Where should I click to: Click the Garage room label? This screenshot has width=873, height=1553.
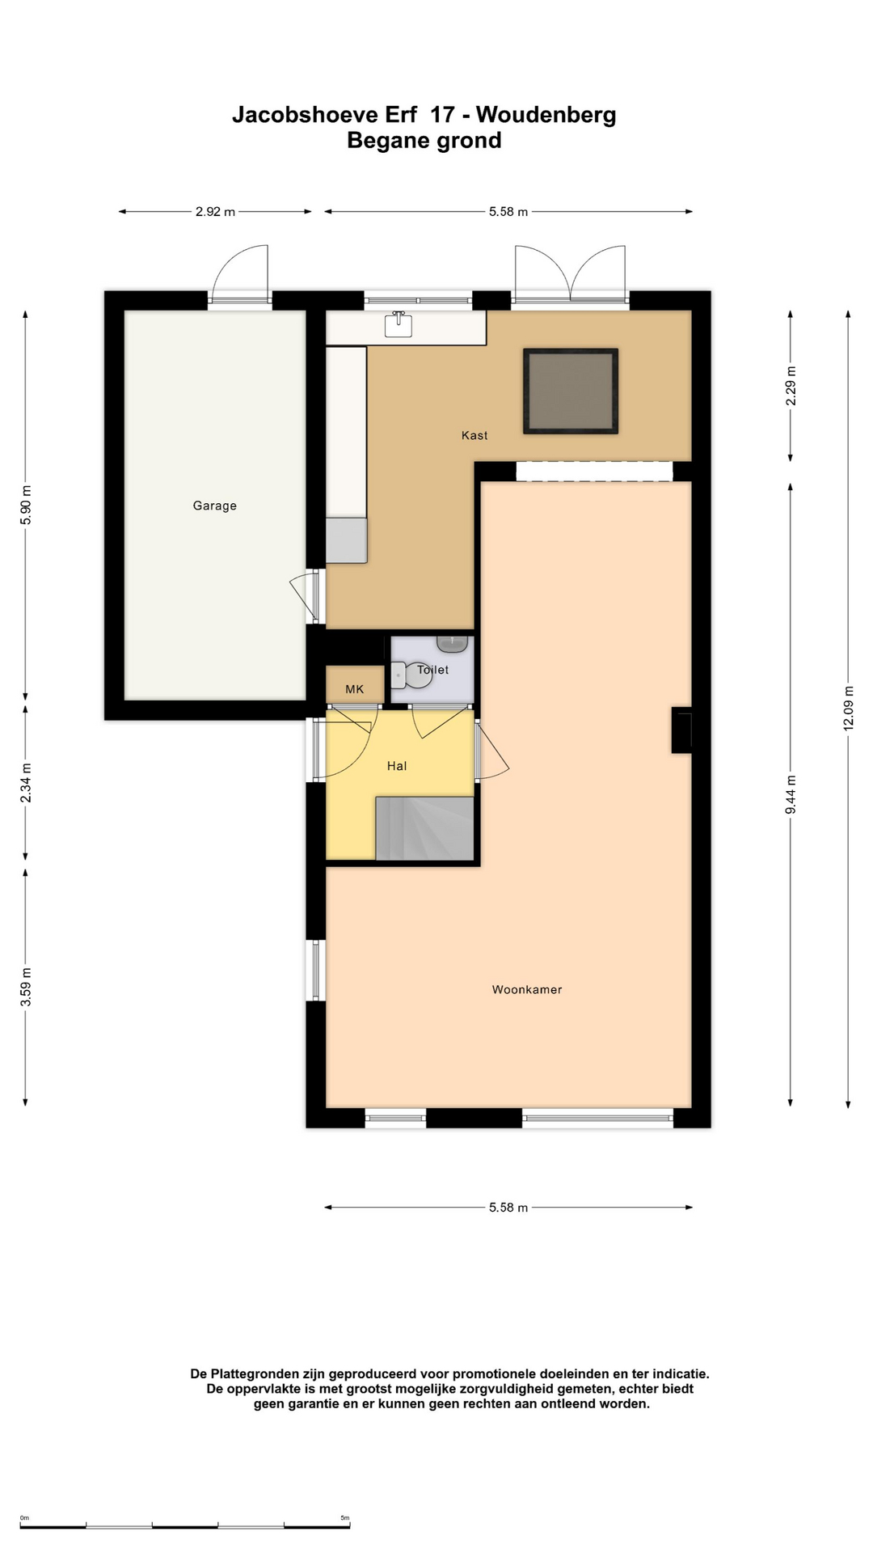pyautogui.click(x=214, y=506)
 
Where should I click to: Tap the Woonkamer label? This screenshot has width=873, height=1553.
pyautogui.click(x=527, y=989)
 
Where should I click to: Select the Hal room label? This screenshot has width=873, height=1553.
pyautogui.click(x=397, y=766)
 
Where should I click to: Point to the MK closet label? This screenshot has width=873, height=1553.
pyautogui.click(x=355, y=689)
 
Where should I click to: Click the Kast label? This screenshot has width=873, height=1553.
pyautogui.click(x=474, y=435)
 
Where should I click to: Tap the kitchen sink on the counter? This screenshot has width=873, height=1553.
pyautogui.click(x=398, y=324)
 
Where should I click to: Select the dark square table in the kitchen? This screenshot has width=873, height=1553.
pyautogui.click(x=571, y=391)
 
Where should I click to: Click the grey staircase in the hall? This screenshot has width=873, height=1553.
pyautogui.click(x=425, y=828)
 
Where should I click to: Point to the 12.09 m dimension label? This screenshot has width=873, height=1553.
pyautogui.click(x=849, y=709)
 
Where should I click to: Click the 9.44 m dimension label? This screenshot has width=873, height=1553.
pyautogui.click(x=791, y=795)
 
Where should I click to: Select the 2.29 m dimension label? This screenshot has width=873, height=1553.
pyautogui.click(x=791, y=386)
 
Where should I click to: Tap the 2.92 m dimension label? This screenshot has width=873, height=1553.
pyautogui.click(x=215, y=212)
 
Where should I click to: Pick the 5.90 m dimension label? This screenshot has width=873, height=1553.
pyautogui.click(x=26, y=505)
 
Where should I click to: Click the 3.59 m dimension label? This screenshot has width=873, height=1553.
pyautogui.click(x=26, y=987)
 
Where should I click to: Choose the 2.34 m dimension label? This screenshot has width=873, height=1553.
pyautogui.click(x=26, y=783)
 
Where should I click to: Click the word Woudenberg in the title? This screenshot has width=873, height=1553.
pyautogui.click(x=546, y=115)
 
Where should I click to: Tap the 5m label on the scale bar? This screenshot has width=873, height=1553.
pyautogui.click(x=345, y=1518)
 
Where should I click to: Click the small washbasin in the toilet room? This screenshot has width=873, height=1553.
pyautogui.click(x=452, y=644)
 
